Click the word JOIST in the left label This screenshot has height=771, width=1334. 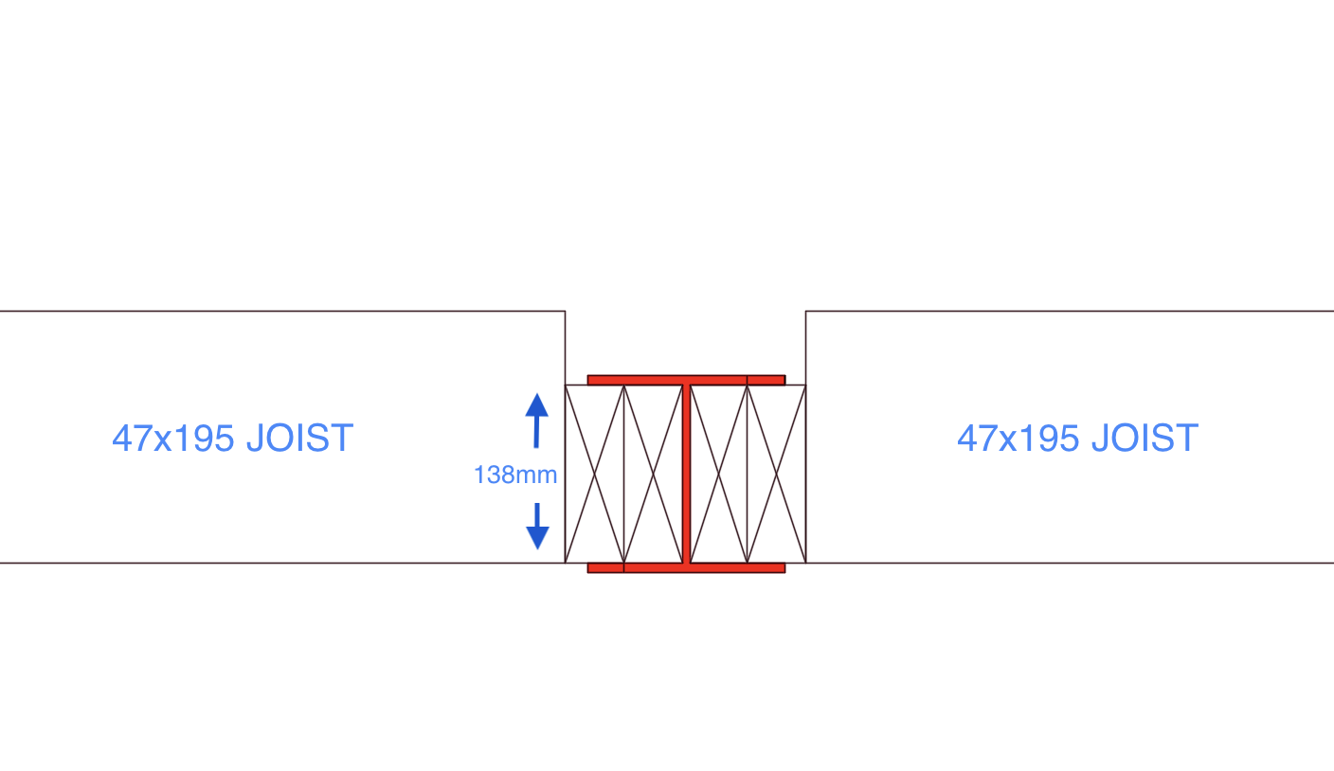(x=300, y=439)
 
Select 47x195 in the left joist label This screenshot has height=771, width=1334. (x=173, y=439)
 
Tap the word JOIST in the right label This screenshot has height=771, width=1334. (x=1145, y=439)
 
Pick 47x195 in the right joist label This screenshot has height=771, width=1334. (x=1019, y=439)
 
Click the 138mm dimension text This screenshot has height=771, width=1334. (x=515, y=475)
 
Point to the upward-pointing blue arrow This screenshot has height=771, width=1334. (x=536, y=421)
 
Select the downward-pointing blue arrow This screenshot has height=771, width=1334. (x=537, y=527)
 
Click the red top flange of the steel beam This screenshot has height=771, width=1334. (x=686, y=380)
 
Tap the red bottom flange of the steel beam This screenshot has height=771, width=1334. (x=686, y=568)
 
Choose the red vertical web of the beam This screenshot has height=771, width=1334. (x=686, y=474)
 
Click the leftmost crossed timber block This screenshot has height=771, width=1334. (x=594, y=474)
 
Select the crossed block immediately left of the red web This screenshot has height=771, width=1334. (x=654, y=474)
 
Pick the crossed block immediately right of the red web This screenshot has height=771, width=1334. (x=719, y=474)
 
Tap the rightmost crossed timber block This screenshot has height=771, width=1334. (x=777, y=474)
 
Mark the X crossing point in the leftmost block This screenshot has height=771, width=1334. (x=594, y=474)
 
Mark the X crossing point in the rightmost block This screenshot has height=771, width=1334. (x=777, y=474)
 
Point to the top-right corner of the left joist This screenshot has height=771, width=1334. (x=566, y=311)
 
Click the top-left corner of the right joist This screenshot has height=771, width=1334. (x=805, y=311)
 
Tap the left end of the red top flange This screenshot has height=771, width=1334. (x=587, y=380)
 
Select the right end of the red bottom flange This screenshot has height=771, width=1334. (x=784, y=568)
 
